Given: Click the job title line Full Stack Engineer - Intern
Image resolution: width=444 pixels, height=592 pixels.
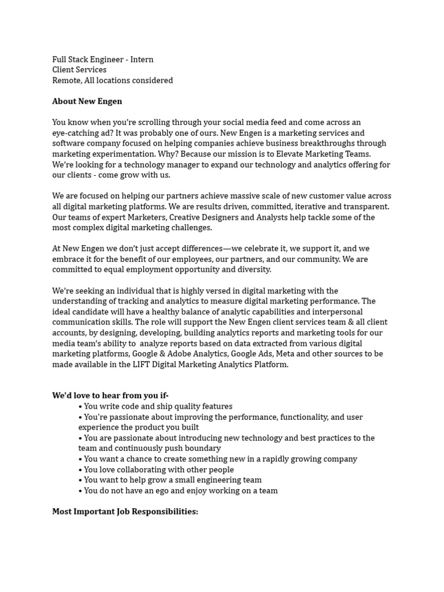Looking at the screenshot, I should click(x=103, y=60).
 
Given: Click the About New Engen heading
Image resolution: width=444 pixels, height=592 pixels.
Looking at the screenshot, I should click(x=87, y=101).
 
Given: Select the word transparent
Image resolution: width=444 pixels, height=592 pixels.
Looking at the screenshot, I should click(x=368, y=206).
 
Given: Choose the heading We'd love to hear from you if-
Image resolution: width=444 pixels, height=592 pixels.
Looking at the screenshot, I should click(x=110, y=396).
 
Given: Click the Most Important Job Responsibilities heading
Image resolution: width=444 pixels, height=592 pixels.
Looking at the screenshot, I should click(x=125, y=512).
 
